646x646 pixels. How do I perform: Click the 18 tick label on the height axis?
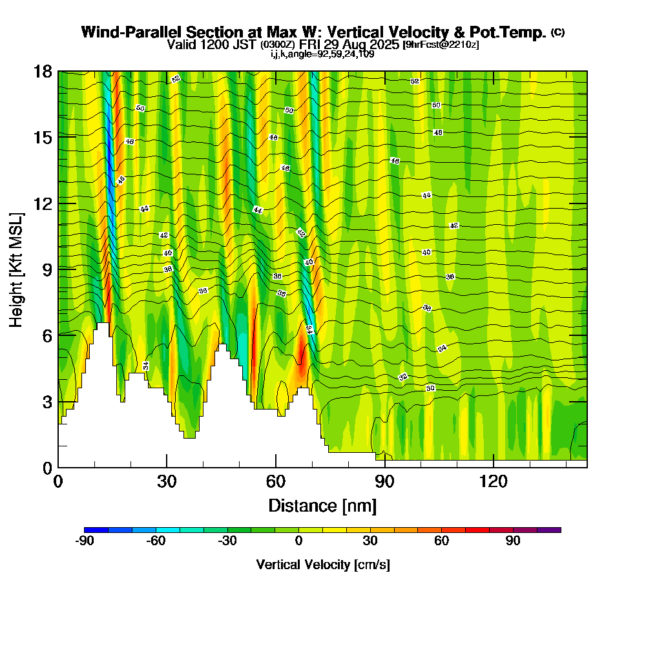click(x=43, y=71)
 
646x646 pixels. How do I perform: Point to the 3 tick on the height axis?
click(x=43, y=401)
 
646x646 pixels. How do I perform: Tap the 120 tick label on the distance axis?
click(x=493, y=481)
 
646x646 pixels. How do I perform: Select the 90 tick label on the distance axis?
click(x=384, y=481)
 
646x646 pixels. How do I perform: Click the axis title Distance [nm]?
click(x=322, y=505)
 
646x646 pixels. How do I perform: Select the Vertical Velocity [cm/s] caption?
click(x=322, y=565)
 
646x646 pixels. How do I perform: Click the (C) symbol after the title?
click(x=558, y=32)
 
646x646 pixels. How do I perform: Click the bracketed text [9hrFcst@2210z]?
click(x=441, y=45)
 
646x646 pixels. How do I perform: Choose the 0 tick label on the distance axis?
click(x=58, y=481)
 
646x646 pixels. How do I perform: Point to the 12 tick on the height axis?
click(x=43, y=203)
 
